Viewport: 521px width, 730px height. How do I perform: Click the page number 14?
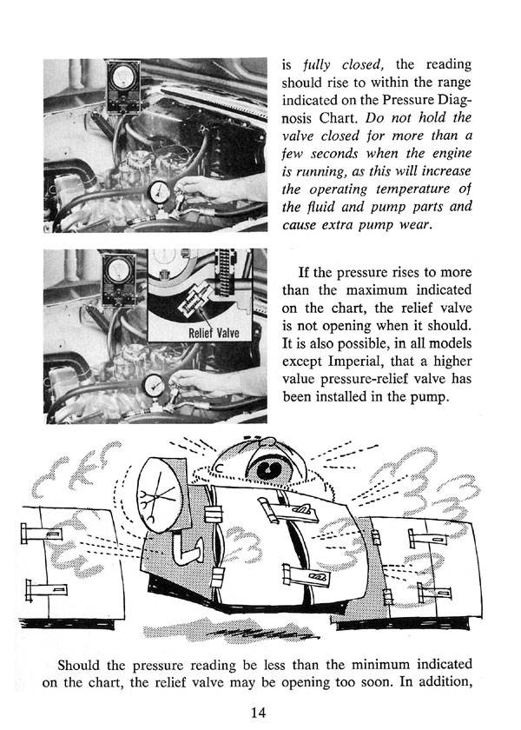[258, 713]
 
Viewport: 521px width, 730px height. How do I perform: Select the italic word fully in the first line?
[316, 64]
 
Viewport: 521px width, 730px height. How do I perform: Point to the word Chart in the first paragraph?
[340, 117]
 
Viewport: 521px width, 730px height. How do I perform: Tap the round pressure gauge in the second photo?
[155, 385]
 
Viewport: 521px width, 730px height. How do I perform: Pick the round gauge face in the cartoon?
[158, 494]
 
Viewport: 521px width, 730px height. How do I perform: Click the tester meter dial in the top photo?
[123, 76]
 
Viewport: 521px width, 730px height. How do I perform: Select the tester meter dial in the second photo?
[119, 269]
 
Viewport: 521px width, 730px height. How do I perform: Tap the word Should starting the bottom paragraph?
[78, 664]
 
